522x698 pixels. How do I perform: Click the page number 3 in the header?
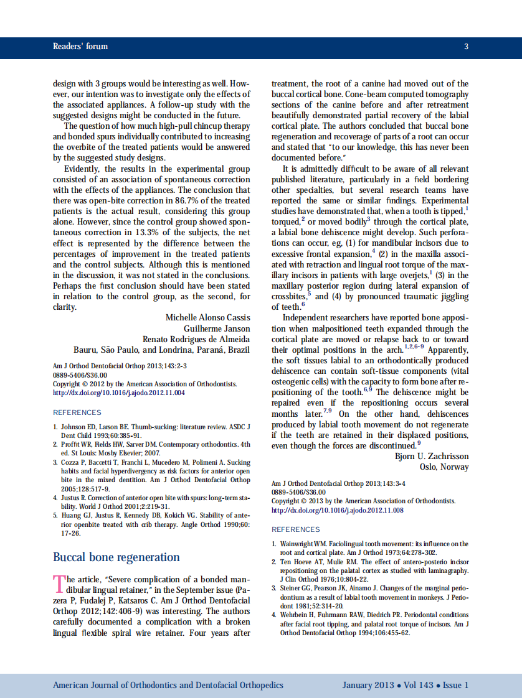(x=466, y=47)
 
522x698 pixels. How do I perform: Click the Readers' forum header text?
(x=80, y=47)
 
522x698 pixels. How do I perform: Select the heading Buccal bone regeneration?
(x=116, y=557)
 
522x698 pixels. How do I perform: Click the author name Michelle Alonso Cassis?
(x=207, y=318)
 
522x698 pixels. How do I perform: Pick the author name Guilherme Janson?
(x=216, y=328)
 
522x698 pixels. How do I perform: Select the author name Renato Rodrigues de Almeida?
(x=196, y=339)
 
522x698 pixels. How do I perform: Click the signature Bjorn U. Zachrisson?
(x=431, y=456)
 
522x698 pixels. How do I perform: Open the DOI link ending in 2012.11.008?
(x=337, y=510)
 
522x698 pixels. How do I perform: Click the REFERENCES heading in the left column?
(x=77, y=412)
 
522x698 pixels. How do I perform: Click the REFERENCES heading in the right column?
(x=295, y=529)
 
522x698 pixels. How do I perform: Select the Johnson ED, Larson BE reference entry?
(x=151, y=431)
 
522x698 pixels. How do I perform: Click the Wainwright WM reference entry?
(x=370, y=547)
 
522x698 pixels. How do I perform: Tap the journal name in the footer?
(x=168, y=685)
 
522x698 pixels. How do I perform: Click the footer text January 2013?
(x=368, y=685)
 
